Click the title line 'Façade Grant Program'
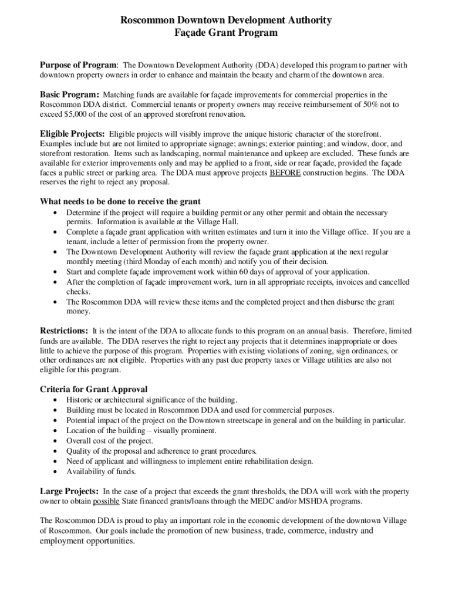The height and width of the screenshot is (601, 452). click(226, 33)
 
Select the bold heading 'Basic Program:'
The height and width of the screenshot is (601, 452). click(69, 94)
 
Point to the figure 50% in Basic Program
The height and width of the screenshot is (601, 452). click(349, 104)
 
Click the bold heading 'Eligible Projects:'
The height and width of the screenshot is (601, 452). click(73, 134)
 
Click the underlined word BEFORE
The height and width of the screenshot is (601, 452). click(285, 173)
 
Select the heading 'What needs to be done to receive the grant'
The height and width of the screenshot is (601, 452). click(120, 202)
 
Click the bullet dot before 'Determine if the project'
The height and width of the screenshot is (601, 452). click(55, 212)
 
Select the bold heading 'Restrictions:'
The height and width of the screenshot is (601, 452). click(64, 330)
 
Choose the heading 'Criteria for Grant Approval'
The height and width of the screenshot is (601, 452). click(93, 389)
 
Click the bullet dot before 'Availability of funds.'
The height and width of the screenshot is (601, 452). click(55, 472)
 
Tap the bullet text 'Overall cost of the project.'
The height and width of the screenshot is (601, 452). click(110, 441)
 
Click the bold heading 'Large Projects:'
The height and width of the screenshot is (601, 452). click(69, 491)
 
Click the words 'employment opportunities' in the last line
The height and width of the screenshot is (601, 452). click(87, 541)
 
